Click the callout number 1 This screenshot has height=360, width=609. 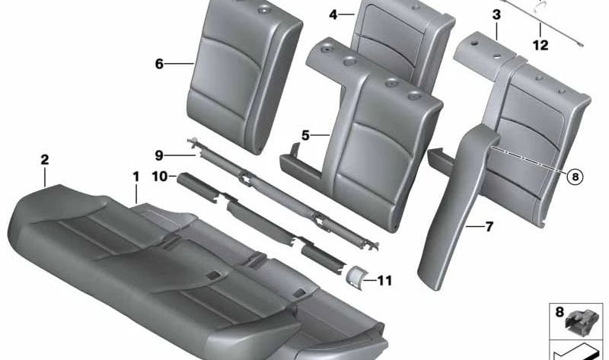click(136, 176)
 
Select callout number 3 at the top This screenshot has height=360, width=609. click(496, 14)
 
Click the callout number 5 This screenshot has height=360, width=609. click(305, 135)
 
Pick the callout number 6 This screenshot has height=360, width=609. click(159, 64)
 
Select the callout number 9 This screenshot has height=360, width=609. click(158, 155)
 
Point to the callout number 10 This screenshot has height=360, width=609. click(159, 177)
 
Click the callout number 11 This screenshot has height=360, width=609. click(384, 281)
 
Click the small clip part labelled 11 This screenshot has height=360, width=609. click(355, 276)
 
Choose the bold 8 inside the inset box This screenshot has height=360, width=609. click(560, 312)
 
